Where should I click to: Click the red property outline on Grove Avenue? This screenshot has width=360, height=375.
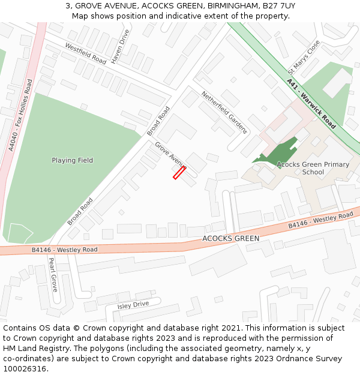coord(179,173)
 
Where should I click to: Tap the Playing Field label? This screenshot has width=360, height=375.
coord(72,160)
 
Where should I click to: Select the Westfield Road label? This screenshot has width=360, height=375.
coord(85,54)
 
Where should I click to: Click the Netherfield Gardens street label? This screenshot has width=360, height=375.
coord(224,112)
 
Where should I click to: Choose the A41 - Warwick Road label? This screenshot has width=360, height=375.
coord(311,103)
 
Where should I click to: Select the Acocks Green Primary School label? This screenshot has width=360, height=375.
coord(313,168)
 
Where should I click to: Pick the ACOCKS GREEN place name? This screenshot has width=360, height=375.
coord(231,238)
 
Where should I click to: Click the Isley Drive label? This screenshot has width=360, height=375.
coord(133,305)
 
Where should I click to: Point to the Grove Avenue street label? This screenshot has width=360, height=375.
coord(170,155)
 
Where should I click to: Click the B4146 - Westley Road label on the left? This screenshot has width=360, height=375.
coord(64,250)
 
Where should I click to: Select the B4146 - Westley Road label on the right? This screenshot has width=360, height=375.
coord(321,220)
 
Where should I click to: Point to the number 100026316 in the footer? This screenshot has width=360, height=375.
coord(26,369)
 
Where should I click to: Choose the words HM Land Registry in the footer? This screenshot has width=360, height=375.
coord(34,349)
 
